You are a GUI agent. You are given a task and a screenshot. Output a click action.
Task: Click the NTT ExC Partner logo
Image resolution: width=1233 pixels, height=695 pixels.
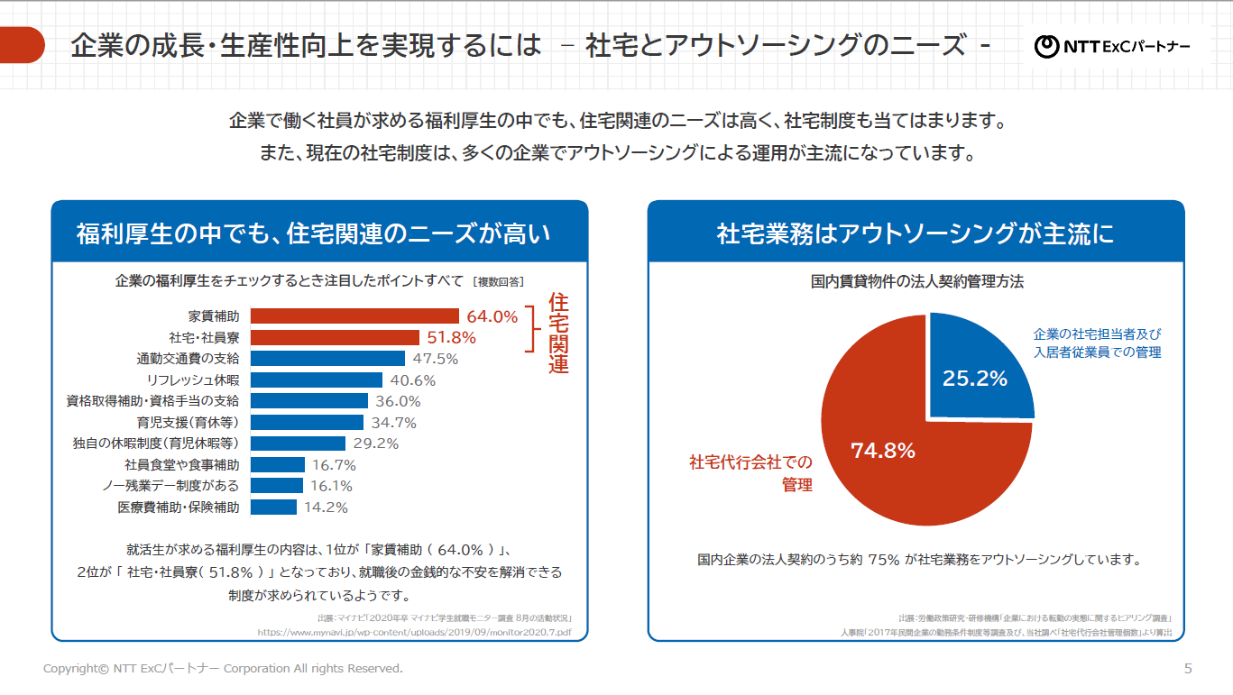[1112, 45]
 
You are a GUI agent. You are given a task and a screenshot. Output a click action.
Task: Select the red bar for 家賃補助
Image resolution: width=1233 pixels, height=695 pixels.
[354, 315]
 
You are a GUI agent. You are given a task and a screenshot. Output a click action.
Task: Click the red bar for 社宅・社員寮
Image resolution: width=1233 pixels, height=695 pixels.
[335, 337]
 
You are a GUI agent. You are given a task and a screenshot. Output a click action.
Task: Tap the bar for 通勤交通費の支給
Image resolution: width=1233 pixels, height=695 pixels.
[327, 358]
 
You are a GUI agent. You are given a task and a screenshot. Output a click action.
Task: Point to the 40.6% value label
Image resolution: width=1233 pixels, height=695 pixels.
[412, 380]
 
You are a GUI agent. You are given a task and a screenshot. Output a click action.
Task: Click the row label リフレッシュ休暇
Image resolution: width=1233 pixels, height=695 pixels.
[192, 380]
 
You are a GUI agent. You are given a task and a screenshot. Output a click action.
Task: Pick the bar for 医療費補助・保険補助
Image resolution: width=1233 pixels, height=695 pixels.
[273, 507]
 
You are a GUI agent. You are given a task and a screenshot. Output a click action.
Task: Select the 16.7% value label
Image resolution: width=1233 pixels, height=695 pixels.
[334, 465]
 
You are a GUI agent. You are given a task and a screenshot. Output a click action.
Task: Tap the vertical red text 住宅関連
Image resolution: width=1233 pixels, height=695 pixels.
[558, 334]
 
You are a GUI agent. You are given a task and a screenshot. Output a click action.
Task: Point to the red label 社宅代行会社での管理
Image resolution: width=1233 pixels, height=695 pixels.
[750, 473]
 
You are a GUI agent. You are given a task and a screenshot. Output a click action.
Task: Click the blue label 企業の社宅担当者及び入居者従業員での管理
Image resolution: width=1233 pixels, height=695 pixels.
[1097, 343]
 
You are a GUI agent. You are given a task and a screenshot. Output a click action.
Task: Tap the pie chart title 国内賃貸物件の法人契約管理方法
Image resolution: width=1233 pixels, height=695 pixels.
[916, 281]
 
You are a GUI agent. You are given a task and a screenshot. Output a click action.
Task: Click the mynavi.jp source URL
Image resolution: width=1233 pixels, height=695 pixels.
[414, 633]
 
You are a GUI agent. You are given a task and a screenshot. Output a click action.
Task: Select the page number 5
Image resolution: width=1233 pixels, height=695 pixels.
[1188, 668]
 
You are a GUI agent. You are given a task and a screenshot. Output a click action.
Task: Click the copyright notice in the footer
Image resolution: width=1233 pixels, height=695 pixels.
[223, 668]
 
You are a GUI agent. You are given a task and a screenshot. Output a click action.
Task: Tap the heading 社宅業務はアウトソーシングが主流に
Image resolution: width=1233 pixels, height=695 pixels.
[916, 234]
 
